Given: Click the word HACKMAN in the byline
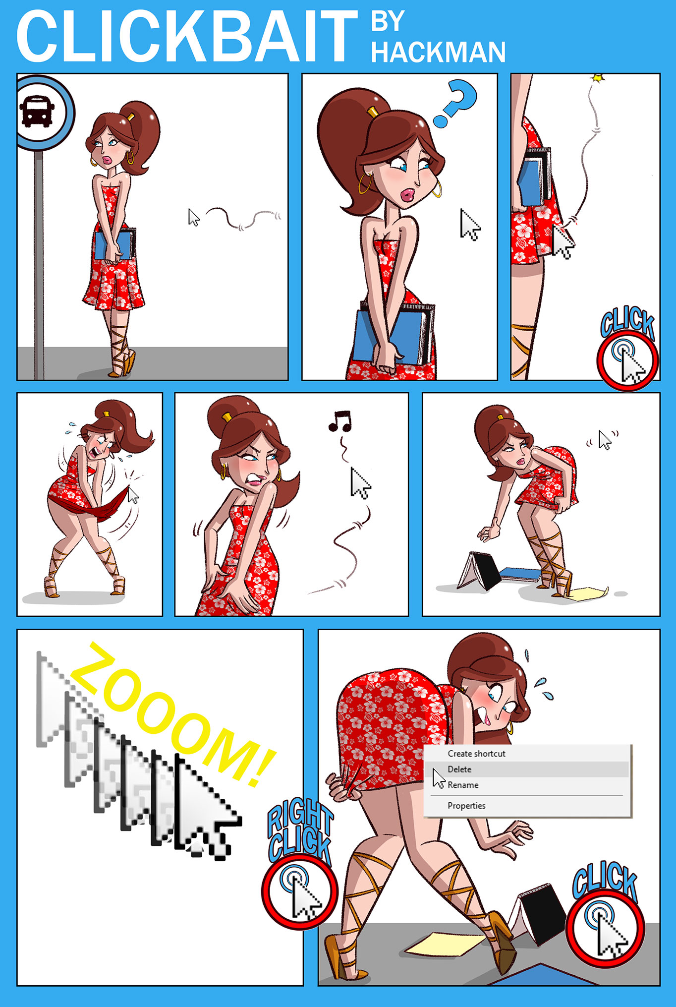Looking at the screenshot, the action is pyautogui.click(x=439, y=52).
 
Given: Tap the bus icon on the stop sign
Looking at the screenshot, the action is pyautogui.click(x=37, y=112).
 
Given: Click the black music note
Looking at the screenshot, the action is pyautogui.click(x=340, y=420).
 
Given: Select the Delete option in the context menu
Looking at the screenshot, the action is pyautogui.click(x=459, y=769).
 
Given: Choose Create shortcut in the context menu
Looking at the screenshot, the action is pyautogui.click(x=476, y=753).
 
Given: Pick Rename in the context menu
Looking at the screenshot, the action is pyautogui.click(x=463, y=785).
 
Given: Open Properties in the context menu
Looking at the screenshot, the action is pyautogui.click(x=466, y=806).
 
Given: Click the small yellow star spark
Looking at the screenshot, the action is pyautogui.click(x=598, y=78).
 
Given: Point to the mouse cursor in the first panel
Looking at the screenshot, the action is pyautogui.click(x=194, y=217).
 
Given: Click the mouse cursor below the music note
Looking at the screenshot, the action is pyautogui.click(x=360, y=482).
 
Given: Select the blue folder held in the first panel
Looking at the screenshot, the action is pyautogui.click(x=114, y=244).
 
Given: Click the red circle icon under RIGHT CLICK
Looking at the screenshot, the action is pyautogui.click(x=300, y=891).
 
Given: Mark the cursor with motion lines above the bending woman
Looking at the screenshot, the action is pyautogui.click(x=605, y=439).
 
